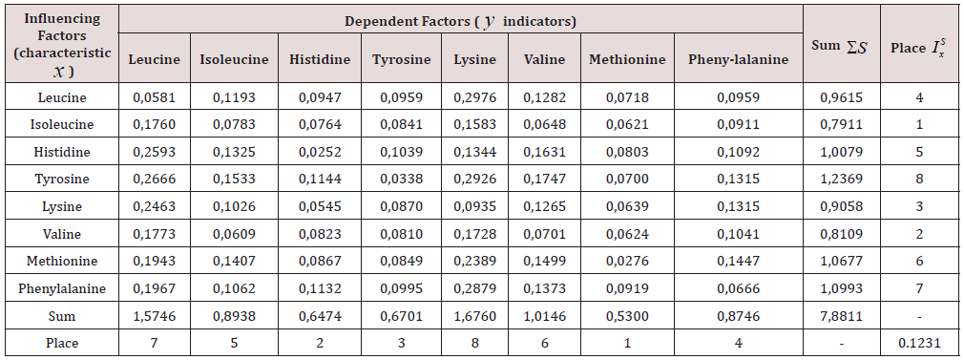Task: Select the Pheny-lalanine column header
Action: [x=738, y=59]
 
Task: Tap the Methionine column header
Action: [x=626, y=59]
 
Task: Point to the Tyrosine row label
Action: [x=62, y=180]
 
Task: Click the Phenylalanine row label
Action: [x=62, y=288]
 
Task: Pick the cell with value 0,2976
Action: [x=475, y=97]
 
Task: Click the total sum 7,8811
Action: [x=840, y=315]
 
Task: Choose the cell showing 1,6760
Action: [x=475, y=315]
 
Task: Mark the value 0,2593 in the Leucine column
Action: [x=154, y=152]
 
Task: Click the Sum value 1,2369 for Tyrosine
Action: [x=840, y=180]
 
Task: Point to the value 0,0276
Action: [x=626, y=261]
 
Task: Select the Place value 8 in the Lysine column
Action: [x=475, y=342]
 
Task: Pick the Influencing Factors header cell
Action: [x=62, y=43]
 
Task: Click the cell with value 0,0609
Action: [x=233, y=234]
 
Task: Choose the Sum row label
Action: [x=62, y=315]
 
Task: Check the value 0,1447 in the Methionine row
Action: [x=738, y=261]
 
